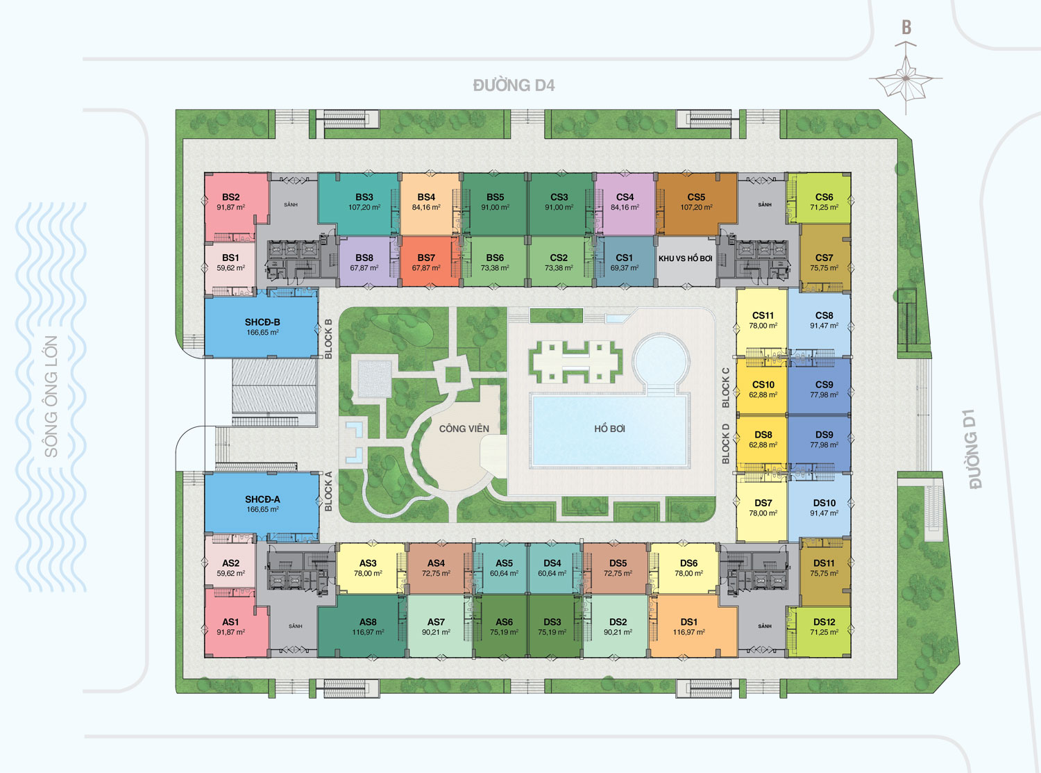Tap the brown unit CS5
tap(697, 203)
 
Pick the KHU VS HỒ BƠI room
tap(686, 261)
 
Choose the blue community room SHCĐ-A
tap(262, 504)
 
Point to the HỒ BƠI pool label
tap(609, 429)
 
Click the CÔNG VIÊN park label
tap(464, 429)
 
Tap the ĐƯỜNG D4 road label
tap(514, 85)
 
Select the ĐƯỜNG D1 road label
tap(974, 449)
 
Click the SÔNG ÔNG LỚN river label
tap(51, 397)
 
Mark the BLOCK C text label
tap(726, 388)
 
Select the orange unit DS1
tap(689, 626)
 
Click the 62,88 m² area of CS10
tap(763, 395)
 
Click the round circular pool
tap(661, 360)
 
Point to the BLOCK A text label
tap(328, 491)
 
